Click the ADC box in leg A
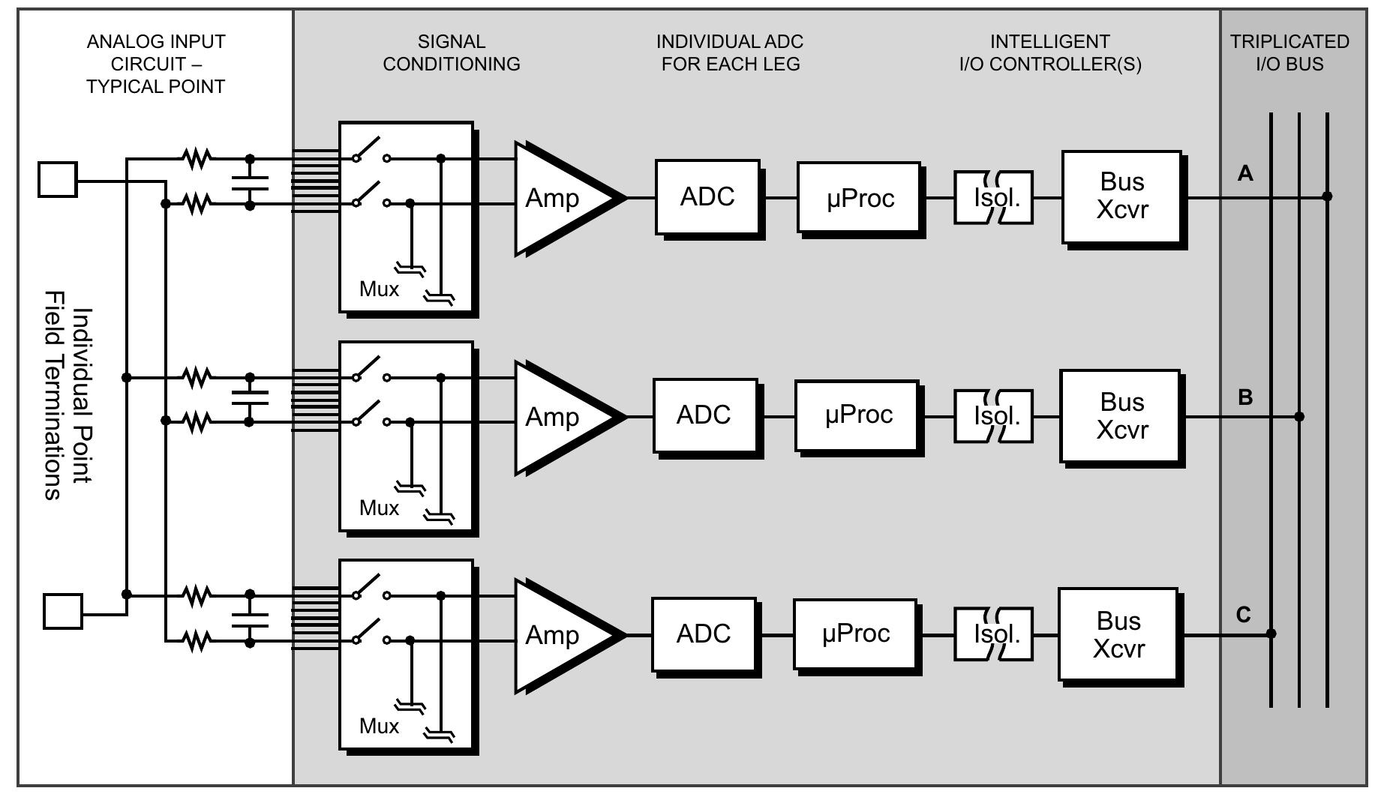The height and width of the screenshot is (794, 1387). (707, 196)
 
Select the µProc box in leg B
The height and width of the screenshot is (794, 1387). (857, 415)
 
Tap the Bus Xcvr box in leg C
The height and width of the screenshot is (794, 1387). (1118, 634)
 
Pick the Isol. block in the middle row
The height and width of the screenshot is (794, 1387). (995, 415)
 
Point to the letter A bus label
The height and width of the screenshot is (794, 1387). (1245, 174)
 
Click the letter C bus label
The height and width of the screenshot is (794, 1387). (1243, 615)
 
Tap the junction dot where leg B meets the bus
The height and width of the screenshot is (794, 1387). (1299, 416)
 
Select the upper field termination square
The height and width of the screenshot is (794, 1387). (58, 180)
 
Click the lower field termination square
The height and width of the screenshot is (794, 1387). (63, 611)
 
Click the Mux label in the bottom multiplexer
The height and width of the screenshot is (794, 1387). (379, 726)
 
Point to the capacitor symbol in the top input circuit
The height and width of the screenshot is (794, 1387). (250, 181)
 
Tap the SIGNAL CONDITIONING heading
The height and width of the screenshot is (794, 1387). (452, 52)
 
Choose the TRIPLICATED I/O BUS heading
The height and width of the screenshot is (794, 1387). (1289, 52)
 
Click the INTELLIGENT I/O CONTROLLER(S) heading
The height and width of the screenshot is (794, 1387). (1049, 52)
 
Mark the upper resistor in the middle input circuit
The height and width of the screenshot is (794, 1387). (197, 377)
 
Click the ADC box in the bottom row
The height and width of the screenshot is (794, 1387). (703, 634)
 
